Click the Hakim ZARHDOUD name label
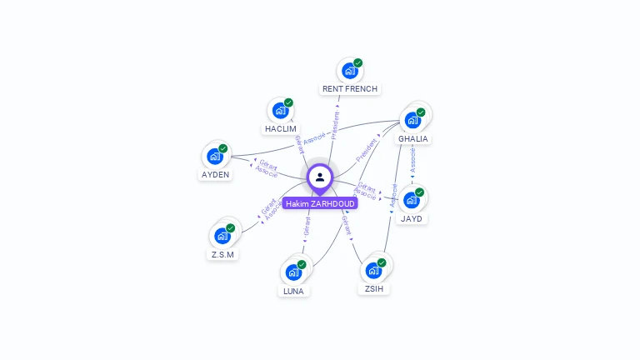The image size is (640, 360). point(320,203)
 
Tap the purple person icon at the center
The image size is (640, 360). point(320,177)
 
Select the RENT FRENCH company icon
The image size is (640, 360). point(349,72)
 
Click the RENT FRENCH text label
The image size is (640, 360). point(350,88)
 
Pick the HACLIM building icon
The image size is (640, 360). point(280,110)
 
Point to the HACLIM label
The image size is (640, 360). point(281,128)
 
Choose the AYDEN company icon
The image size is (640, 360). point(215,157)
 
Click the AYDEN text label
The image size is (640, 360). point(215,175)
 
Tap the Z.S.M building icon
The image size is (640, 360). point(222,236)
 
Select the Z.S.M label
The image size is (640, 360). point(222,254)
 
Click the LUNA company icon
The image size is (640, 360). point(293,272)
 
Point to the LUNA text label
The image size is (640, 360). point(293,291)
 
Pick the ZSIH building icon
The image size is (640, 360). point(373,270)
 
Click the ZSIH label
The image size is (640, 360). point(374,288)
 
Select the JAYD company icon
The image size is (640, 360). point(411,200)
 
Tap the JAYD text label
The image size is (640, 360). point(412,218)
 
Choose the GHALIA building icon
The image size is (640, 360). point(412,120)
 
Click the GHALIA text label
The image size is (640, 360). point(413,138)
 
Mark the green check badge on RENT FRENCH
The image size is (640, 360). point(357,62)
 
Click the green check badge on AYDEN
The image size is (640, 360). point(223,148)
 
